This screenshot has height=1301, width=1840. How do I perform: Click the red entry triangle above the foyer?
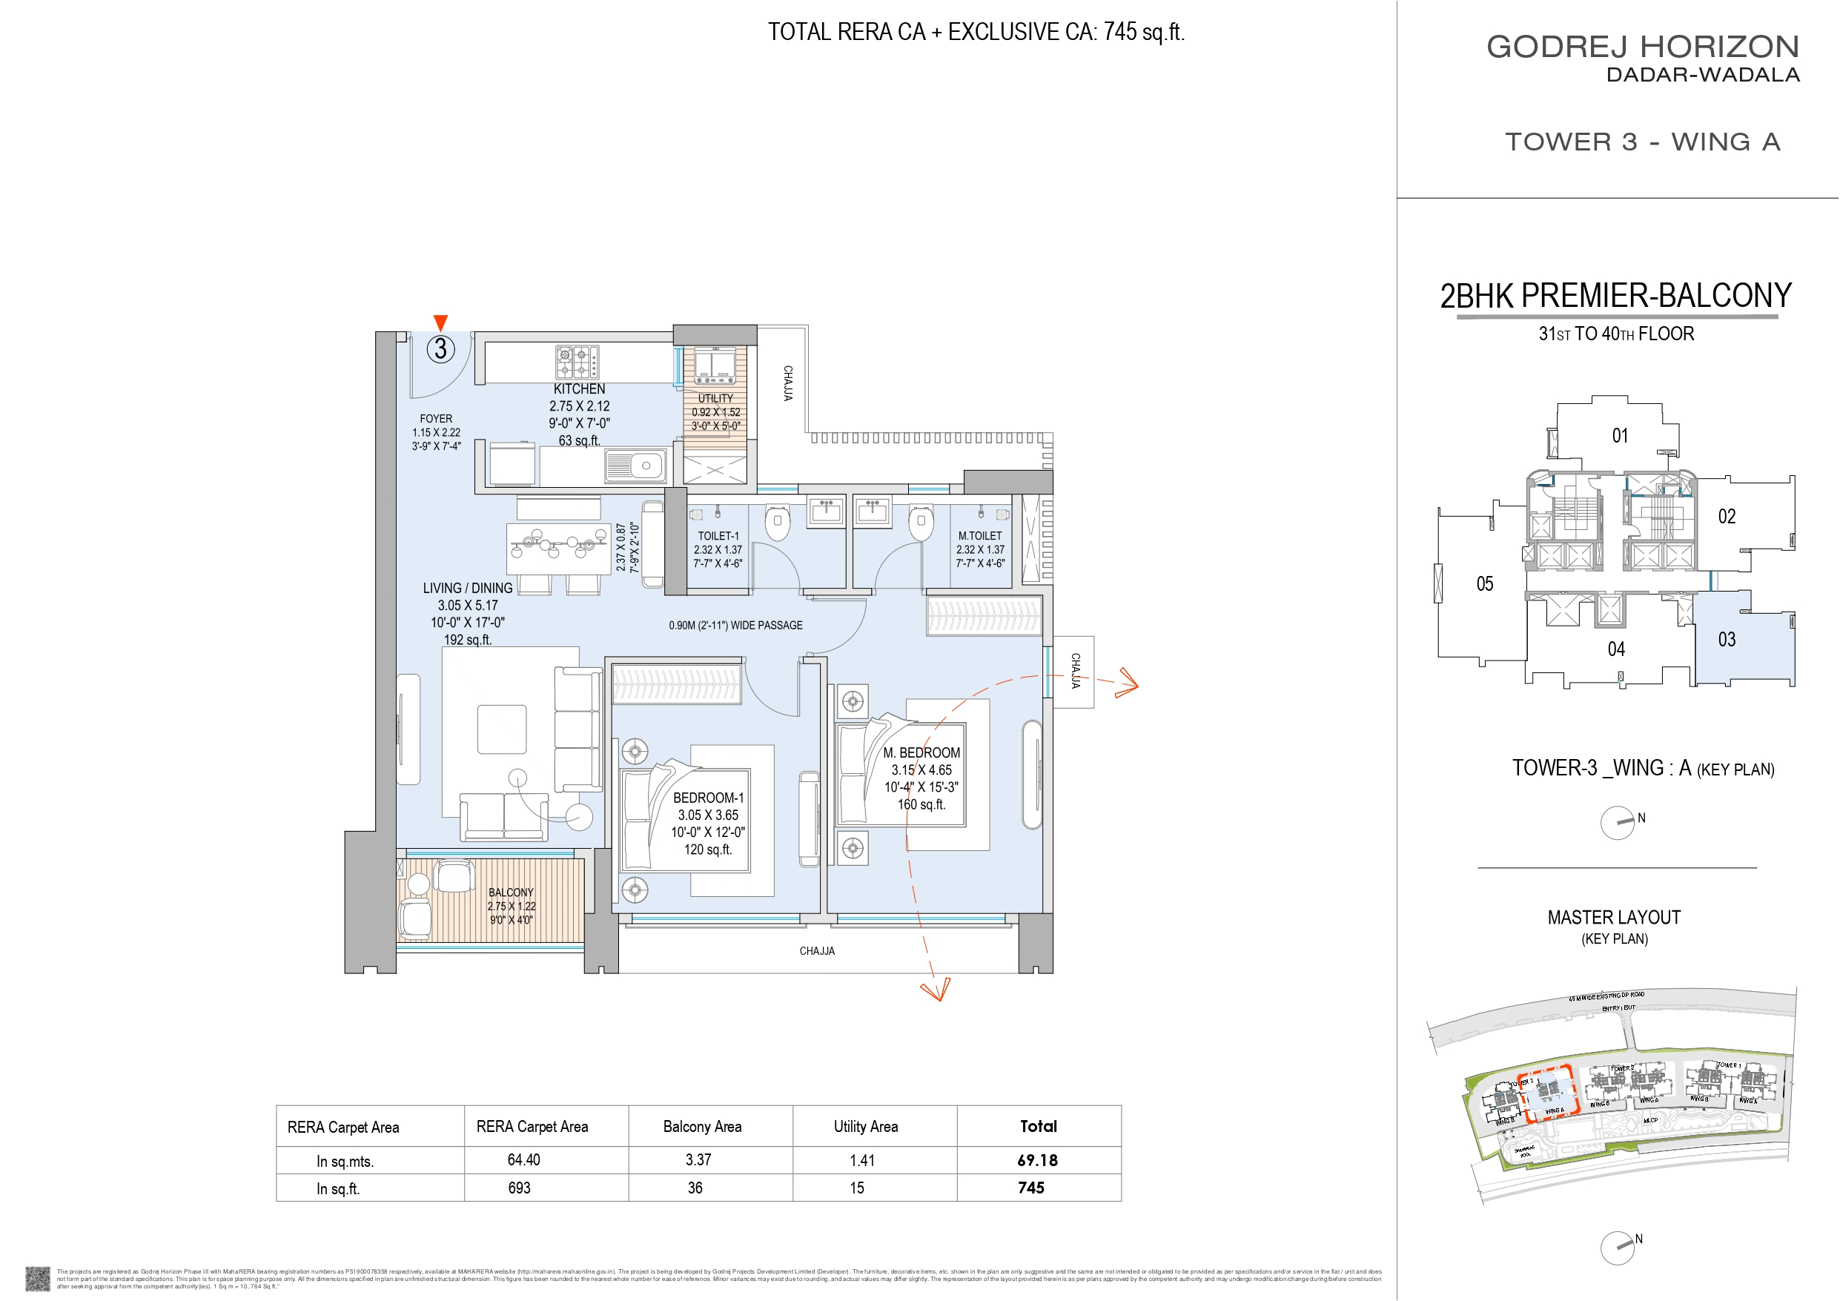click(x=440, y=322)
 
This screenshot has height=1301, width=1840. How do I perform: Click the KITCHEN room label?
click(x=578, y=388)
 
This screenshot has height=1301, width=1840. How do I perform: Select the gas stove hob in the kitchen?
click(x=577, y=362)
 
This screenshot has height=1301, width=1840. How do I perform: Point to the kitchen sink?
click(x=635, y=465)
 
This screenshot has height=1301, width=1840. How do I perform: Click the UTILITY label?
click(x=715, y=398)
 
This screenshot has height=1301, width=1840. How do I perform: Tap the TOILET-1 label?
click(x=718, y=535)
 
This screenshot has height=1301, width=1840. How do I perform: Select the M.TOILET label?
click(x=979, y=535)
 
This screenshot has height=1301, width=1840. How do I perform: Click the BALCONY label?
click(x=511, y=893)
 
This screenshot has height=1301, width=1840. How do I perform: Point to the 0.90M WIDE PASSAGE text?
click(x=735, y=625)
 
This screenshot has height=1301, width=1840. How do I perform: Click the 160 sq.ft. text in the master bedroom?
click(x=921, y=804)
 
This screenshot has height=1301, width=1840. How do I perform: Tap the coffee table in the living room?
click(x=502, y=729)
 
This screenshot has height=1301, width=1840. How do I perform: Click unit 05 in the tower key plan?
click(x=1484, y=583)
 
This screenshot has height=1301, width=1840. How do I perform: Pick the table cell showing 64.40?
click(x=523, y=1160)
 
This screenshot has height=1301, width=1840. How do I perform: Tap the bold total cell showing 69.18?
click(x=1037, y=1160)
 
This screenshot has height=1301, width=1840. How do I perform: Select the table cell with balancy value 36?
click(x=695, y=1188)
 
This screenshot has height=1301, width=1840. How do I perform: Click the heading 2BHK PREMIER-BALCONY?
click(x=1615, y=296)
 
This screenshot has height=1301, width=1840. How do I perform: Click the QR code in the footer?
click(x=37, y=1279)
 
